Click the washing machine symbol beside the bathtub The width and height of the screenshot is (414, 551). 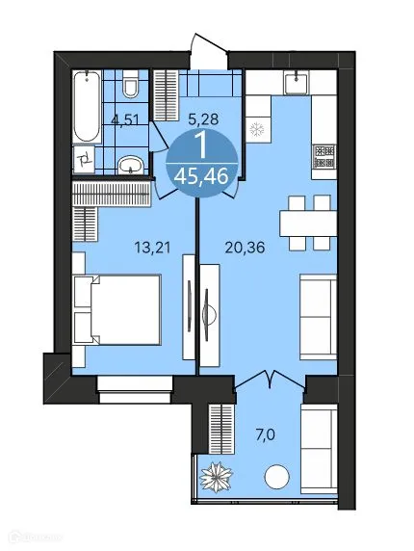[85, 159]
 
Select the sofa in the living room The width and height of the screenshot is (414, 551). [318, 310]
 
